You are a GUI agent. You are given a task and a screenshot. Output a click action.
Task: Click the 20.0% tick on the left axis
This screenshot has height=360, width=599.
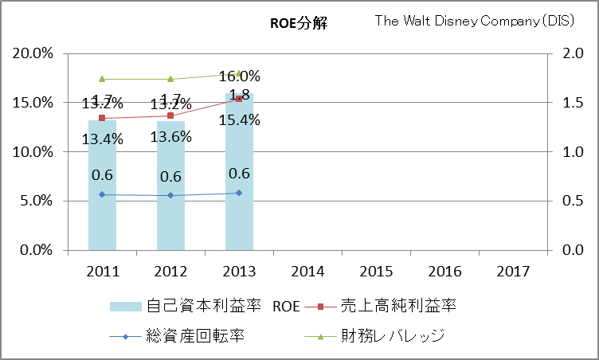pyautogui.click(x=32, y=54)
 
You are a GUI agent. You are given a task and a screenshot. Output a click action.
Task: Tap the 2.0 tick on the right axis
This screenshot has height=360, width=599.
pyautogui.click(x=571, y=54)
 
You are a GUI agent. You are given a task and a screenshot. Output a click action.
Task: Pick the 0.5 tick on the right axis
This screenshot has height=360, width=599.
pyautogui.click(x=571, y=201)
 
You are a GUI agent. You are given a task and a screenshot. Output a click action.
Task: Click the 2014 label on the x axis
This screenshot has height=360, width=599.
pyautogui.click(x=307, y=272)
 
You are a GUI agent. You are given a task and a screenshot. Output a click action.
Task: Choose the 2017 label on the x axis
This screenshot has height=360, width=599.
pyautogui.click(x=513, y=272)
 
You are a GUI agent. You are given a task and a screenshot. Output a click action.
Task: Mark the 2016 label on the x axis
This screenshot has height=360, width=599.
pyautogui.click(x=444, y=272)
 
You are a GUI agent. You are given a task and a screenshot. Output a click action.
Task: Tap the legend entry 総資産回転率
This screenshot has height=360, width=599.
pyautogui.click(x=191, y=335)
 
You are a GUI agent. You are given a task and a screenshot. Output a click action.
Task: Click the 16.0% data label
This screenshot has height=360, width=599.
pyautogui.click(x=239, y=77)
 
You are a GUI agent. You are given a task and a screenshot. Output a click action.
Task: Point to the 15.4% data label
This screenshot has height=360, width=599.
pyautogui.click(x=239, y=120)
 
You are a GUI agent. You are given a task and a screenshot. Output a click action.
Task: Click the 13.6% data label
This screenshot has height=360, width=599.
pyautogui.click(x=170, y=137)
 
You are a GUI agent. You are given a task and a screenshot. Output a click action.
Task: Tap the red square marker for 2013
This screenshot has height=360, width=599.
pyautogui.click(x=239, y=99)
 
